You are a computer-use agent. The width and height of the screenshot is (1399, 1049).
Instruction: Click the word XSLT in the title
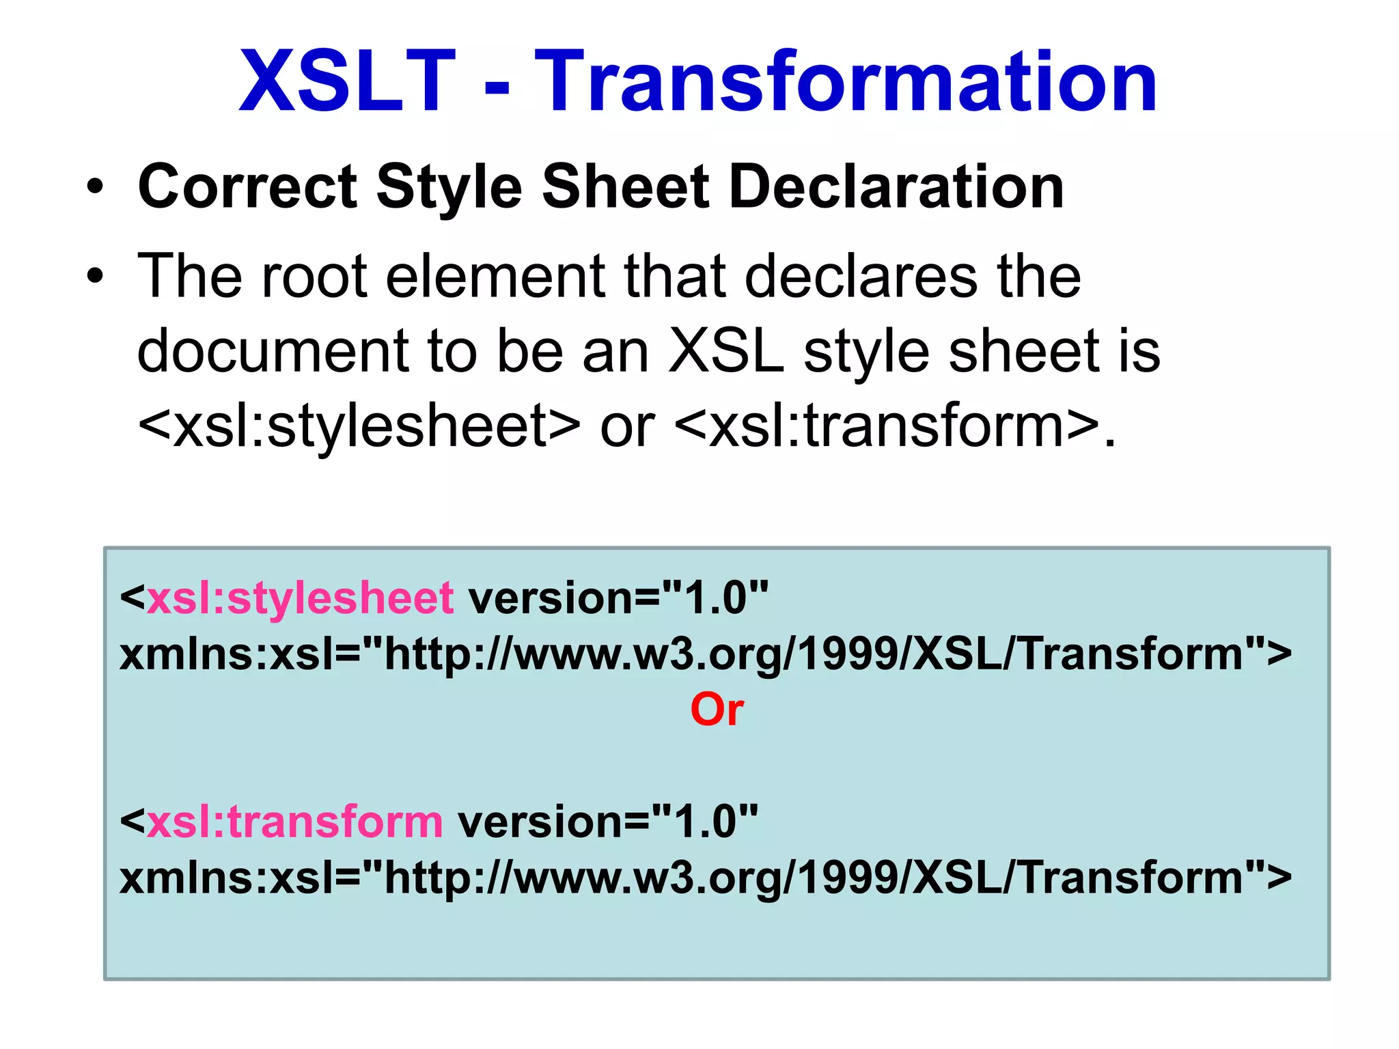click(x=347, y=82)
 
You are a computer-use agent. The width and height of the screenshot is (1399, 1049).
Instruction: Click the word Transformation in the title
click(x=846, y=82)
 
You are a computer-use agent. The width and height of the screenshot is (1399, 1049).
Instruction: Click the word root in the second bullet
click(x=314, y=276)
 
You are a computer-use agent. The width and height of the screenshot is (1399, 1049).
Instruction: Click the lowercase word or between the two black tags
click(x=627, y=427)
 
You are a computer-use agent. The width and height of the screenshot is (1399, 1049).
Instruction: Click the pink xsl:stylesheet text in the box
click(x=300, y=598)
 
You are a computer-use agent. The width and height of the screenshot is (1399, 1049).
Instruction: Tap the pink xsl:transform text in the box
click(x=294, y=822)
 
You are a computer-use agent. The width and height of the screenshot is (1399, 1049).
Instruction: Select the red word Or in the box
click(x=717, y=710)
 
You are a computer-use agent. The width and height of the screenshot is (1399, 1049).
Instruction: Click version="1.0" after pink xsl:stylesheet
click(x=618, y=598)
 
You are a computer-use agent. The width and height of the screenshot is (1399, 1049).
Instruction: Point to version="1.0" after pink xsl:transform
click(x=608, y=822)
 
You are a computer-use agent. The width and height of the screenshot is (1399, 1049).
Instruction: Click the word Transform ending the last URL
click(x=1131, y=877)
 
